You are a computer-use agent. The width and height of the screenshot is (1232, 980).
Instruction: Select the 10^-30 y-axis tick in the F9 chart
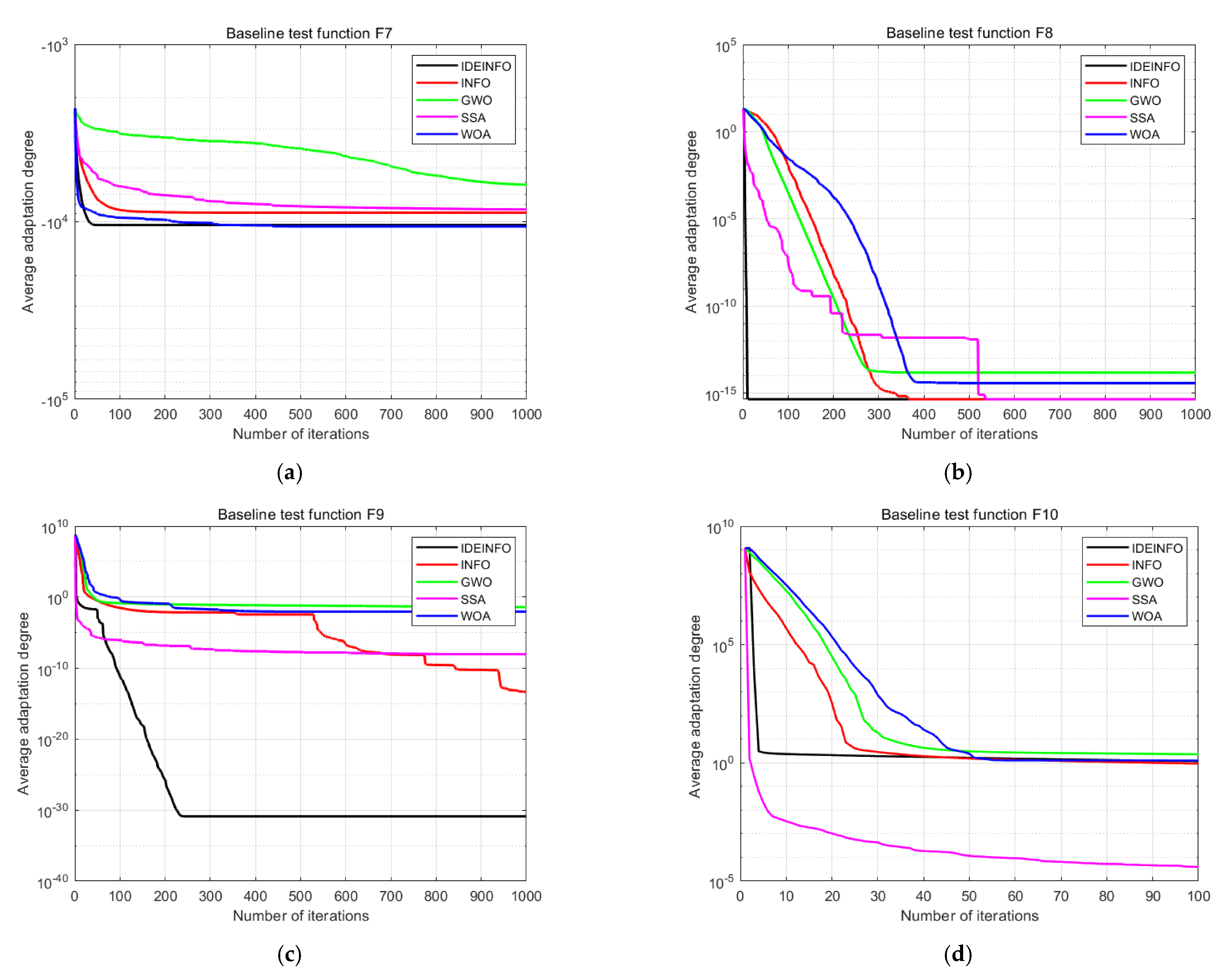(x=52, y=811)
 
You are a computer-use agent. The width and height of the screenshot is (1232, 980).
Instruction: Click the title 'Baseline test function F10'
(x=969, y=514)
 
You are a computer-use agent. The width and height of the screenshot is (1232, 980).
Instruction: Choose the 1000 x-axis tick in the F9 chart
(x=526, y=896)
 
